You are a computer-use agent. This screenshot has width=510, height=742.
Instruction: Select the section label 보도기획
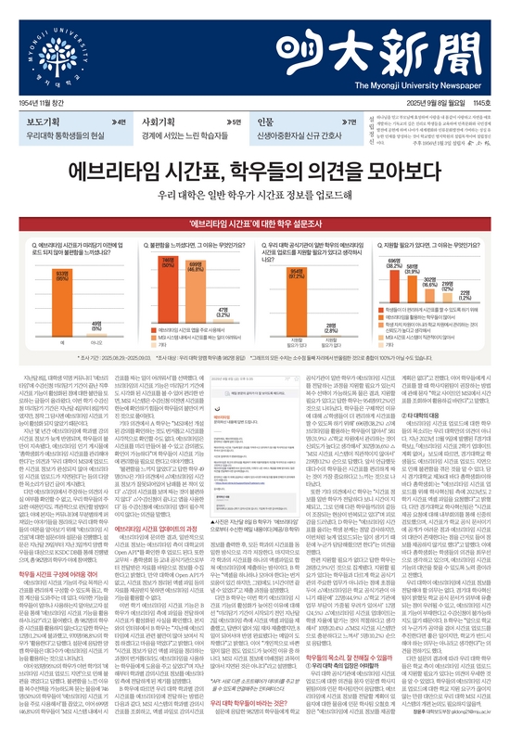click(45, 122)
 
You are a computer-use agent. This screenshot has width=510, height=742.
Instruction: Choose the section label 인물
click(266, 122)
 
